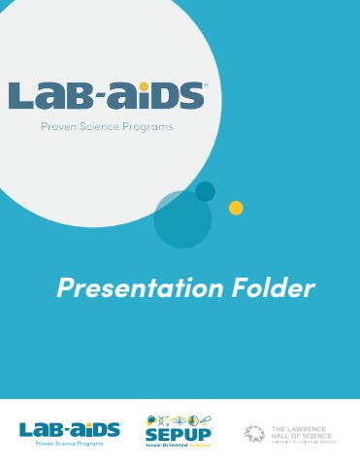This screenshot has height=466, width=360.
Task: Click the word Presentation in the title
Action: [124, 288]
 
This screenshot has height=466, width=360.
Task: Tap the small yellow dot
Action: [235, 208]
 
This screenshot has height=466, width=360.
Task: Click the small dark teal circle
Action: [205, 191]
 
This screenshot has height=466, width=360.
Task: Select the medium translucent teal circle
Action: [181, 219]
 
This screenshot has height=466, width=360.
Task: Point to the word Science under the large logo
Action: [108, 126]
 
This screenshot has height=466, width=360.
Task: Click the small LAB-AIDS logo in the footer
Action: [70, 428]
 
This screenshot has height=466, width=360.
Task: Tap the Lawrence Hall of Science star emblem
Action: [254, 433]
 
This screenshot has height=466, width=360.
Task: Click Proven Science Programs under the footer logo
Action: [70, 442]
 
